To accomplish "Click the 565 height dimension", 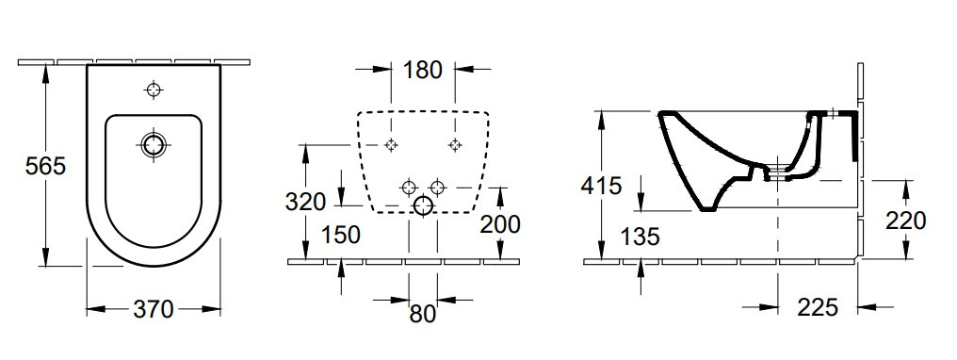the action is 45,165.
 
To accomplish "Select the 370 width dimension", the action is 154,309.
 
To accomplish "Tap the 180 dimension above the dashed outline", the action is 422,70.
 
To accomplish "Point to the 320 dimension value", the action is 305,202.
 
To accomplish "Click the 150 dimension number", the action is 341,235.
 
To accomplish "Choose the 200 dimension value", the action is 500,224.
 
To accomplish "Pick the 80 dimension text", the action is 423,314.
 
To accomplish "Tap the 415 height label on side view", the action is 601,185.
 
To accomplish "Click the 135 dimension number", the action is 641,237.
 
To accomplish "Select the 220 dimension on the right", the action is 906,221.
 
